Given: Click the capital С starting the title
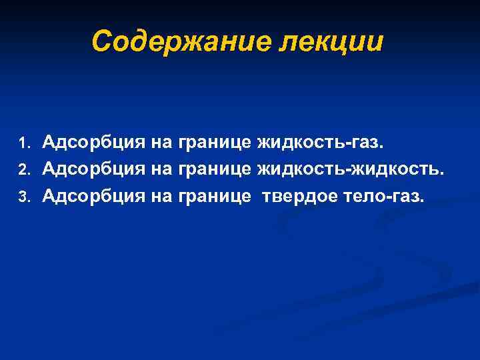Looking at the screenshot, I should click(101, 41).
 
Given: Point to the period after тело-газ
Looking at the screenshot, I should click(421, 201).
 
